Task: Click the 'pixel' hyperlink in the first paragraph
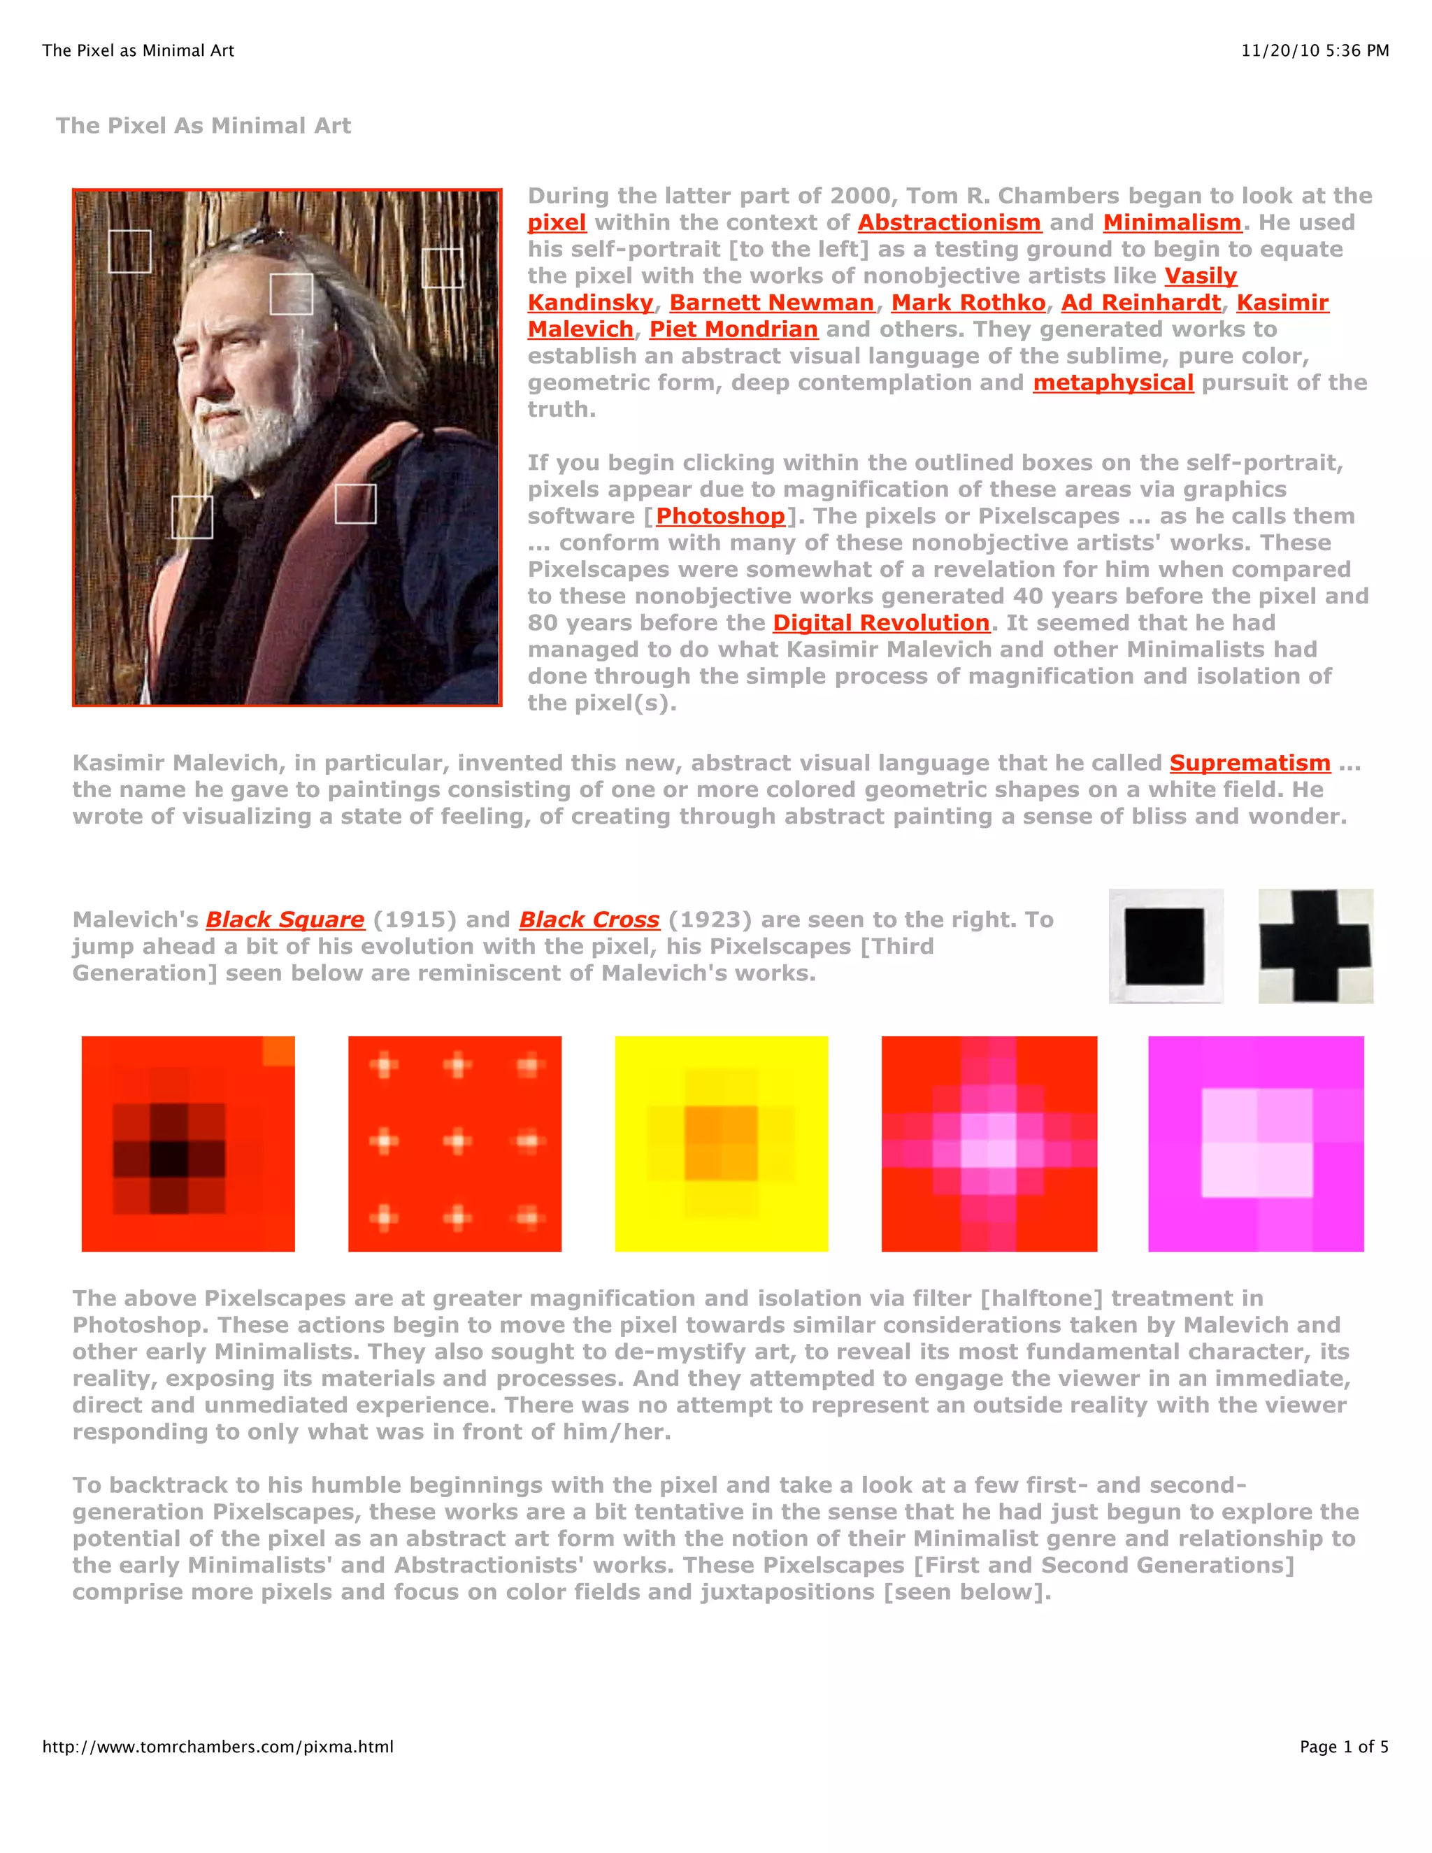click(557, 223)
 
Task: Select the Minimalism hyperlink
click(1172, 223)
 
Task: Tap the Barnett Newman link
click(771, 303)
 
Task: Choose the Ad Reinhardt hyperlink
click(1140, 303)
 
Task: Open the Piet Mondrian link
click(733, 329)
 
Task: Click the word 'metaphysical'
click(1112, 382)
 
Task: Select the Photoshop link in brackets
click(720, 516)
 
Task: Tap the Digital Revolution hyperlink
click(880, 623)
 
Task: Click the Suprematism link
click(1249, 763)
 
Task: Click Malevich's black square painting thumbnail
click(1166, 946)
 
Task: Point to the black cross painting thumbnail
click(1315, 946)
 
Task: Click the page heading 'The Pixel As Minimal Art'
click(203, 126)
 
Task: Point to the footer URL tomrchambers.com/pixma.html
click(218, 1746)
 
